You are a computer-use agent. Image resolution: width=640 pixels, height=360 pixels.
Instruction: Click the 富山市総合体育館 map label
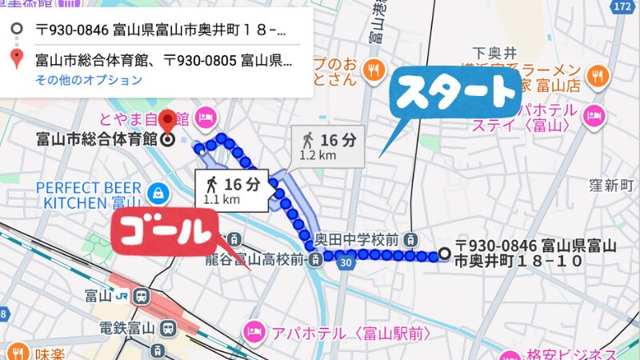[96, 139]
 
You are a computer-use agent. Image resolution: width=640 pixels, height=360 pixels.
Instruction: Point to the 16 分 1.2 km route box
[328, 145]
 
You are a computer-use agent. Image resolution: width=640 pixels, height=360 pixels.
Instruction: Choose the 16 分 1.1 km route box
[232, 190]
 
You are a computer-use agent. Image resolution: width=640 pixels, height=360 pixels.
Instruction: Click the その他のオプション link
[89, 80]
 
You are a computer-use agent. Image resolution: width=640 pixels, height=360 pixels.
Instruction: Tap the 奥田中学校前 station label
[355, 238]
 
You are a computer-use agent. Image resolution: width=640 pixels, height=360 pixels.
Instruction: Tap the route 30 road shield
[345, 261]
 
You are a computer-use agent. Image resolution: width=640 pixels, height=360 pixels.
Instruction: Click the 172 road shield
[622, 6]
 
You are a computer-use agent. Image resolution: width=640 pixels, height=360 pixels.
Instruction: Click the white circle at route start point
[444, 254]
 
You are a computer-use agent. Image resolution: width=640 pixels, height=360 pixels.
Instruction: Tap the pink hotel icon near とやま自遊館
[206, 118]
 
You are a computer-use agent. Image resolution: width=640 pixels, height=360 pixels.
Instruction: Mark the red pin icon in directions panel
[15, 58]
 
